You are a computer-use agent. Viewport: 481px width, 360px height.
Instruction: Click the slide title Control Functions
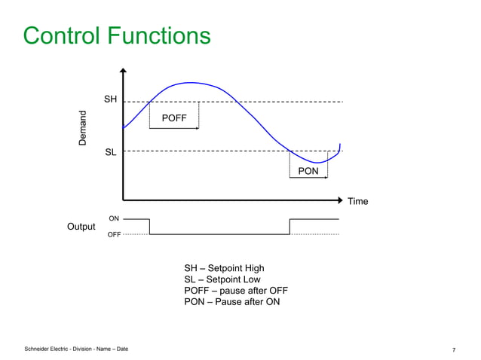click(117, 35)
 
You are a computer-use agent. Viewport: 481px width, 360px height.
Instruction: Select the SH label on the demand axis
click(110, 100)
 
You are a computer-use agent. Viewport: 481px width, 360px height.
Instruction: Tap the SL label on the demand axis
click(110, 152)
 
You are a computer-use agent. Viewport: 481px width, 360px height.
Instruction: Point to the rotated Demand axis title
click(84, 128)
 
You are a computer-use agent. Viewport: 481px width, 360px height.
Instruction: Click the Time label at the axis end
click(357, 201)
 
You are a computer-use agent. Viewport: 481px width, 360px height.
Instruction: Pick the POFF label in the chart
click(174, 118)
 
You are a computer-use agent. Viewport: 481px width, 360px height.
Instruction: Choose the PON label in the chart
click(308, 171)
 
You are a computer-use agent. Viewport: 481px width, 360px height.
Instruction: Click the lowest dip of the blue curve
click(317, 163)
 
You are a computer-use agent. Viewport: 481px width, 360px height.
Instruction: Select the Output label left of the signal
click(81, 227)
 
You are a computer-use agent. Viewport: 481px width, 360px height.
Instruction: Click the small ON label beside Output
click(114, 218)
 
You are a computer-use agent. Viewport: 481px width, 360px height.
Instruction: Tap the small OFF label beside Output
click(114, 235)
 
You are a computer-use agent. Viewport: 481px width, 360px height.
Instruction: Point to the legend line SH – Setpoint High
click(225, 268)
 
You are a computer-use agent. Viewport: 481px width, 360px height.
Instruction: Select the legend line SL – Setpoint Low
click(222, 279)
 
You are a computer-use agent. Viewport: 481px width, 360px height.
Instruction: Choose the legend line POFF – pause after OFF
click(236, 291)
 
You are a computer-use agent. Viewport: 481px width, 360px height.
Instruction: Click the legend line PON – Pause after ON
click(231, 302)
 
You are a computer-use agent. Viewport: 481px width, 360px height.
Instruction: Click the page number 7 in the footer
click(454, 350)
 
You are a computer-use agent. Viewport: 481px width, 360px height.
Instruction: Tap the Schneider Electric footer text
click(76, 349)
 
